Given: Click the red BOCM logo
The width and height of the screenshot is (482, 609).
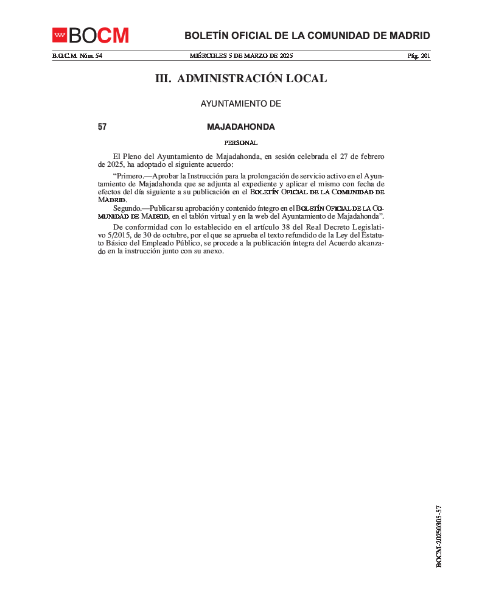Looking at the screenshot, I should pos(91,35).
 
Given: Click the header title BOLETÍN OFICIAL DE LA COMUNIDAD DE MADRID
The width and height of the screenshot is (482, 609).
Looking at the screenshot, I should pos(307,35).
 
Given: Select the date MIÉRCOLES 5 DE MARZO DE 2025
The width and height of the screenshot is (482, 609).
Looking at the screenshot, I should pos(241,56).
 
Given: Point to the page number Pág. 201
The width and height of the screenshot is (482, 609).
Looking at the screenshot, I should pos(419,56).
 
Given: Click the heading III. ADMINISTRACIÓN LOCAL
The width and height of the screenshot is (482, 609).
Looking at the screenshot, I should pos(241,79).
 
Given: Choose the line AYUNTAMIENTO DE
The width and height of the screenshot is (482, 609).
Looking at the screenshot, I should pos(241,104).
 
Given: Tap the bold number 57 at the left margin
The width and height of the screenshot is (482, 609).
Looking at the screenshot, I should pos(102,127).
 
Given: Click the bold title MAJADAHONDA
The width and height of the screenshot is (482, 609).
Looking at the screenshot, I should pos(241,127).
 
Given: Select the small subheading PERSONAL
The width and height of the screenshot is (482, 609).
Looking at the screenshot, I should pos(241,143).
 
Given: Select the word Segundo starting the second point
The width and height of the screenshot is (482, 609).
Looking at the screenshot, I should pos(127,208).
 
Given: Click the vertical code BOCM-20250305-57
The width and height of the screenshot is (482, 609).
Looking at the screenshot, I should pos(439,537).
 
